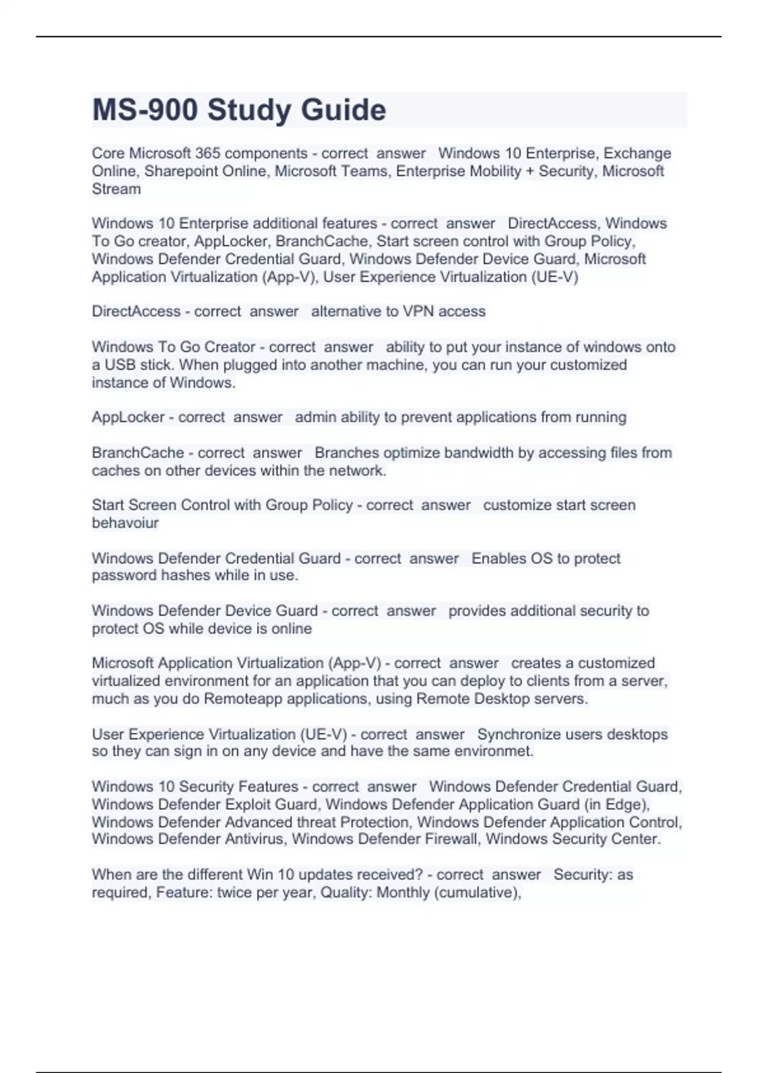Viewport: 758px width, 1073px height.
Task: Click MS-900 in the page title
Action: pos(145,110)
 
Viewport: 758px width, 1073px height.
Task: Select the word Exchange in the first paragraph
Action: pos(637,153)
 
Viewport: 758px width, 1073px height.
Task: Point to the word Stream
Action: pos(116,189)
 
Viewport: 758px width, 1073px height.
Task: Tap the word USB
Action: pos(119,365)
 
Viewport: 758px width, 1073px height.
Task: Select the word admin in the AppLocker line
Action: pos(316,417)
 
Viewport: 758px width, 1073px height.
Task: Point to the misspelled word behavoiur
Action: pos(125,523)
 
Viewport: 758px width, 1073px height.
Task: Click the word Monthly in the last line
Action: pos(402,892)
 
